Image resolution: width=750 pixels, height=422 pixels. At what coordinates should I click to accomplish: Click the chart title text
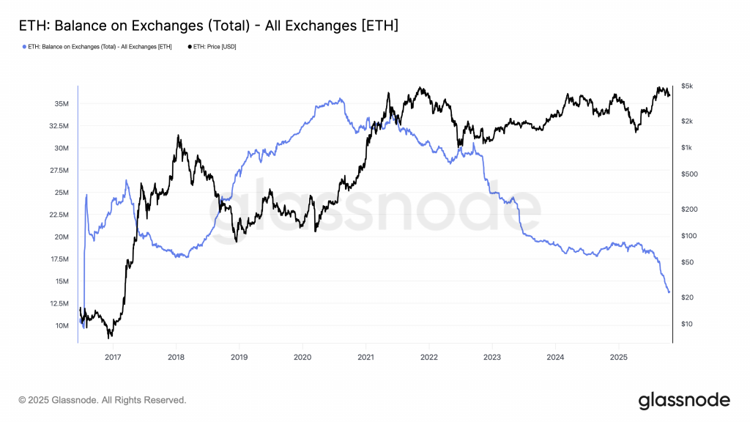click(208, 26)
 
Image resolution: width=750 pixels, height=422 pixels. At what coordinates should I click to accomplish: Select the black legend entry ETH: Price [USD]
click(212, 47)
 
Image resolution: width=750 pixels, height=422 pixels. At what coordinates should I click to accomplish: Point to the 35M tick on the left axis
click(61, 104)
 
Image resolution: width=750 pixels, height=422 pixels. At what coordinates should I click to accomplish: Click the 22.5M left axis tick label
click(58, 215)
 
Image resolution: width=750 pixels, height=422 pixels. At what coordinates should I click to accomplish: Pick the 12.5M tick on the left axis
click(58, 303)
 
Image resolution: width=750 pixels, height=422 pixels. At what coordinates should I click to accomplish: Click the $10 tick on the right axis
click(686, 324)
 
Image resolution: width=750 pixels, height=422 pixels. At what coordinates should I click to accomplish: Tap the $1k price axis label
click(686, 148)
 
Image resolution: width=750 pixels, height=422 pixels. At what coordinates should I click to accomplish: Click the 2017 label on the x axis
click(113, 357)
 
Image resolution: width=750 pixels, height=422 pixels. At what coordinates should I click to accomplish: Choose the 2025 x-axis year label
click(619, 357)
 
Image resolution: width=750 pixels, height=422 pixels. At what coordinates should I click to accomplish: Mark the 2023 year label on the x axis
click(492, 357)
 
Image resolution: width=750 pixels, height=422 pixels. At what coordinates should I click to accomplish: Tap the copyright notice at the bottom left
click(103, 400)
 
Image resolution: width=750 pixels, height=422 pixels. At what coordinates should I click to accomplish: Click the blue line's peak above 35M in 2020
click(341, 99)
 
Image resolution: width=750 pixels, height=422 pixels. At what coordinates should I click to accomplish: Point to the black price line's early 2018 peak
click(177, 136)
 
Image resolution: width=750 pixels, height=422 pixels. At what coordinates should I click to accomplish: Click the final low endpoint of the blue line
click(669, 292)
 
